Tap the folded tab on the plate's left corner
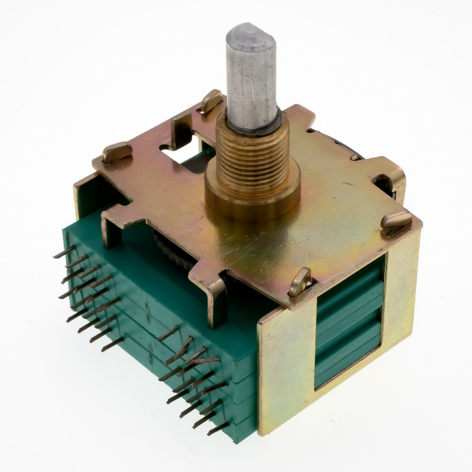[116, 152]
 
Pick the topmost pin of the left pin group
[64, 252]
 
